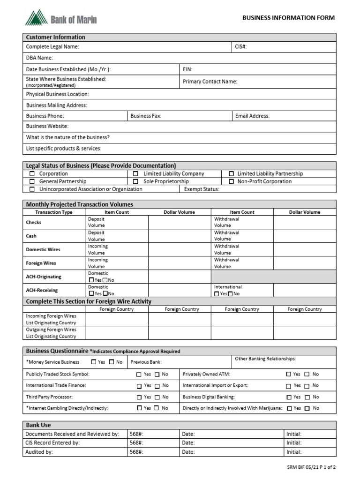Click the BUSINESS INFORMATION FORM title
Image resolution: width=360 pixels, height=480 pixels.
288,18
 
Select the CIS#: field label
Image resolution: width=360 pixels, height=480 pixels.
241,47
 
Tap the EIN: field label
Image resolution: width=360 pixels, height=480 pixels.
187,69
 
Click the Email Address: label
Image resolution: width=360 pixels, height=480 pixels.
252,116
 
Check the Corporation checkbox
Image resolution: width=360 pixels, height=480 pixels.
32,174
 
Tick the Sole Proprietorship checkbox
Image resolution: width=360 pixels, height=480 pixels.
135,181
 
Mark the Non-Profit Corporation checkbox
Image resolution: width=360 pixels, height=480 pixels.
231,181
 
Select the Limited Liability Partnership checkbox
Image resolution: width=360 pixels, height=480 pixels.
231,174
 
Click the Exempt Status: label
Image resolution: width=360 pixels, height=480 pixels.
202,189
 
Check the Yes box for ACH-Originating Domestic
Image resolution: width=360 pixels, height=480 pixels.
91,280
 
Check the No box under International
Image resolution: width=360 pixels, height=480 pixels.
230,294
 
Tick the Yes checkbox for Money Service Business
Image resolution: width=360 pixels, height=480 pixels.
94,362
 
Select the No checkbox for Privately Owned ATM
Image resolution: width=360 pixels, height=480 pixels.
307,375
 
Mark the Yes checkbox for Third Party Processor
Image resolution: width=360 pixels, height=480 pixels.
139,397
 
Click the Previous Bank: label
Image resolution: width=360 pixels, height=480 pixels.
146,362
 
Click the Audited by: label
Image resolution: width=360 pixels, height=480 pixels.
39,452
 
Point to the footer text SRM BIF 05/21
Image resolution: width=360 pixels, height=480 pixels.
311,467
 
